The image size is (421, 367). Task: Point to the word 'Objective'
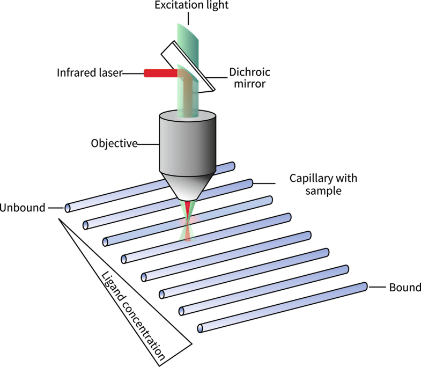(x=114, y=143)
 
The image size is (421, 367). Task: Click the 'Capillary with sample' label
(x=323, y=183)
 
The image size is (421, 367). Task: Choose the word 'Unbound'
(x=23, y=208)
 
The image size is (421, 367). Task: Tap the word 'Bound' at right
(x=405, y=288)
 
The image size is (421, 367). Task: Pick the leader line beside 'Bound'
(x=378, y=288)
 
